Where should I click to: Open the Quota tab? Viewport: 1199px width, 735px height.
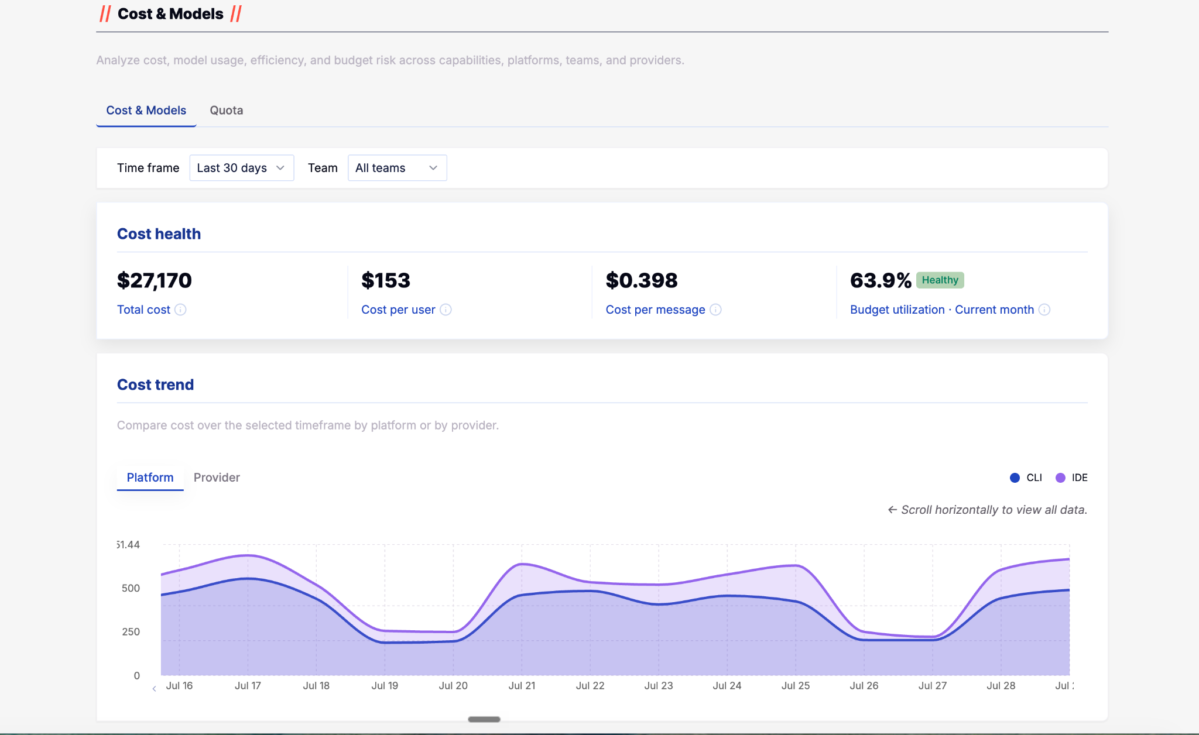pyautogui.click(x=226, y=110)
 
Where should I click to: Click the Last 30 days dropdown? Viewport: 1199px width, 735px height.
pyautogui.click(x=241, y=168)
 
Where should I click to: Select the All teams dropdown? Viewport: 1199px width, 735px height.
pyautogui.click(x=397, y=168)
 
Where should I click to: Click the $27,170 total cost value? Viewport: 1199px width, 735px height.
pyautogui.click(x=155, y=280)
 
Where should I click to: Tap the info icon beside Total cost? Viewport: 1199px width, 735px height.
pyautogui.click(x=180, y=310)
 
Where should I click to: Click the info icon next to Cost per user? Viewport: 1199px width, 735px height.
pyautogui.click(x=446, y=310)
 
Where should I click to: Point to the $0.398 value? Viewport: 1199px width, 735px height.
pyautogui.click(x=642, y=280)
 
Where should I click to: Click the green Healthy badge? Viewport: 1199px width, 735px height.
pyautogui.click(x=940, y=280)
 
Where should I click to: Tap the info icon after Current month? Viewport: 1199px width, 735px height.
pyautogui.click(x=1044, y=310)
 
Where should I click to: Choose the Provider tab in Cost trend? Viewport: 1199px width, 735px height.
pyautogui.click(x=217, y=478)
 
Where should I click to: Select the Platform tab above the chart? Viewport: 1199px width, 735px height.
pyautogui.click(x=150, y=478)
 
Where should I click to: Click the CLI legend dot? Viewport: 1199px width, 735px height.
pyautogui.click(x=1015, y=478)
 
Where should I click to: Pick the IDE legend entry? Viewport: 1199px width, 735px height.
pyautogui.click(x=1071, y=478)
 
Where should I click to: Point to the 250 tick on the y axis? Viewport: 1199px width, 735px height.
pyautogui.click(x=131, y=632)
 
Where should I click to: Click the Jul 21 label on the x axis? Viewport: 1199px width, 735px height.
pyautogui.click(x=522, y=686)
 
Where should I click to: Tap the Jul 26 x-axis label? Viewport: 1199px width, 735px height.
pyautogui.click(x=864, y=686)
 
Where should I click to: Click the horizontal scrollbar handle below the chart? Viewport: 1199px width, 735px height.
pyautogui.click(x=484, y=719)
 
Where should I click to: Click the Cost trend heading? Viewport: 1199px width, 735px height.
pyautogui.click(x=155, y=384)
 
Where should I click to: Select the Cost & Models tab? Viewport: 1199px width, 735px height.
pyautogui.click(x=146, y=110)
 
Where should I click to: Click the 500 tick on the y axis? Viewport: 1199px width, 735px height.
pyautogui.click(x=131, y=588)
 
